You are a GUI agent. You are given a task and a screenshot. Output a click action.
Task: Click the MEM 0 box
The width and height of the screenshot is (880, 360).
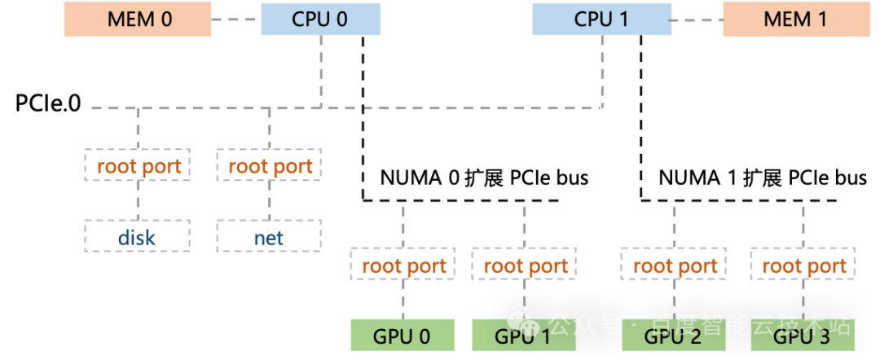pos(138,19)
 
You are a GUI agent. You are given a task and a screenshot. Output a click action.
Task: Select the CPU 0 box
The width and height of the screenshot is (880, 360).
pos(320,19)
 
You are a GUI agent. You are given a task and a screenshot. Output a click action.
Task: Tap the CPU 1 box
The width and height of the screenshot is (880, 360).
pos(601,19)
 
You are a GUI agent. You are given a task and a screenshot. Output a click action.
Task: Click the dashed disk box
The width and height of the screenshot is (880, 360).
pos(137,237)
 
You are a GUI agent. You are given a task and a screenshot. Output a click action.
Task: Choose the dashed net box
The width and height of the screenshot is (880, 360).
pos(269,237)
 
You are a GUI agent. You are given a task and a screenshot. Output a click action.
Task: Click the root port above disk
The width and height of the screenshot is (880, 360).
pos(137,166)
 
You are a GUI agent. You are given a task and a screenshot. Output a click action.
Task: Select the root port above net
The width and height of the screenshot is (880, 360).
pos(269,166)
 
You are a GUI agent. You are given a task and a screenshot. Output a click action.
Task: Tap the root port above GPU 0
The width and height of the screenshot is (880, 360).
pos(403,265)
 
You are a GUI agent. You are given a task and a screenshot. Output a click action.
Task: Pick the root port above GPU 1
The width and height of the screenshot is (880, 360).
pos(524,265)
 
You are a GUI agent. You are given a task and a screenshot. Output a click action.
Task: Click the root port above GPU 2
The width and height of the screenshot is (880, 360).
pos(674,265)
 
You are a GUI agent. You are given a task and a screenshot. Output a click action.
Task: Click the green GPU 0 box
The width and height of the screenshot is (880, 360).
pos(403,336)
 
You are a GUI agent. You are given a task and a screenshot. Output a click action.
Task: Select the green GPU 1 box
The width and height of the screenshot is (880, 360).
pos(524,336)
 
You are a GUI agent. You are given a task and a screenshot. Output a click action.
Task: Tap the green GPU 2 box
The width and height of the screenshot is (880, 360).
pos(674,336)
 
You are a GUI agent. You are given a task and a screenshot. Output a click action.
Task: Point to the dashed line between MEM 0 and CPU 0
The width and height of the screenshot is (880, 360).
pos(235,19)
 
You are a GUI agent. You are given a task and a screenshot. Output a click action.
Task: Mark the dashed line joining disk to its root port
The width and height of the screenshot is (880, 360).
pos(137,200)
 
